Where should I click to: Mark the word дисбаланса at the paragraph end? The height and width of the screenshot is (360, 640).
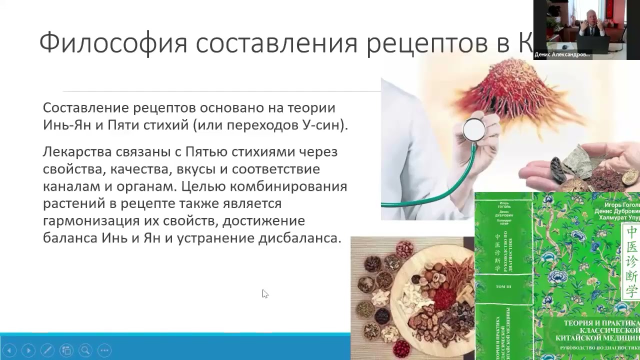299,238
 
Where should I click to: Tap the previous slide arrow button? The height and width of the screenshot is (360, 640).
9,350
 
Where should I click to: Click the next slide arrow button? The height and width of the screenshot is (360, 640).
28,350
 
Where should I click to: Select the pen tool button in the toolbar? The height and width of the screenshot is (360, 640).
47,350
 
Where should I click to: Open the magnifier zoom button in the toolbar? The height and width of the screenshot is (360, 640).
85,350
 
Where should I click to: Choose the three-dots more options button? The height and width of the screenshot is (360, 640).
104,350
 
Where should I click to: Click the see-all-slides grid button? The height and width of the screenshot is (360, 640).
66,350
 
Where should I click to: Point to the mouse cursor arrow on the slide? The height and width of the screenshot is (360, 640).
264,294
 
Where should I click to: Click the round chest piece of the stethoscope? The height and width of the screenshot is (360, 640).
473,130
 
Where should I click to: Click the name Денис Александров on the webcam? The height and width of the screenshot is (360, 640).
561,54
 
